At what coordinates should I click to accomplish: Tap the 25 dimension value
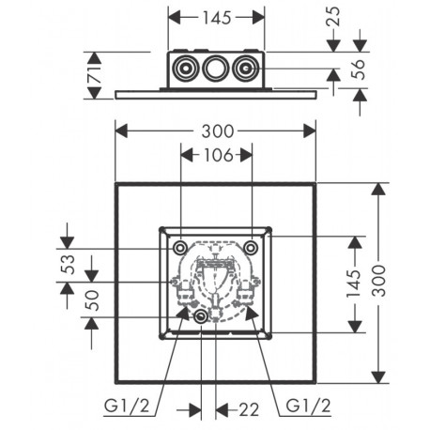(x=333, y=16)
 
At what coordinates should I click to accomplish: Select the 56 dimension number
(x=358, y=69)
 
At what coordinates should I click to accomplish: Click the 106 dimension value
(x=219, y=155)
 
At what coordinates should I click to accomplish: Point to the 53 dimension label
(x=69, y=265)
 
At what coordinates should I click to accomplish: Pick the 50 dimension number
(x=92, y=300)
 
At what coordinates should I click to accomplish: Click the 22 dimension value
(x=249, y=409)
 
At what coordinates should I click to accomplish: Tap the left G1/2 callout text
(x=127, y=407)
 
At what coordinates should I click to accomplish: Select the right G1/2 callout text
(x=308, y=406)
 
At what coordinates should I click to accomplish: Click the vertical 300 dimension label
(x=379, y=281)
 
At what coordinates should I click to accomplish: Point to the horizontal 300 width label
(x=218, y=131)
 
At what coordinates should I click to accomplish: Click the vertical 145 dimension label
(x=354, y=284)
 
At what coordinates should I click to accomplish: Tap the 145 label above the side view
(x=217, y=18)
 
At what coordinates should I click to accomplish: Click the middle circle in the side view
(x=215, y=68)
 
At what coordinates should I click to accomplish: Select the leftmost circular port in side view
(x=186, y=68)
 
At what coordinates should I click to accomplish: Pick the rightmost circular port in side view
(x=245, y=68)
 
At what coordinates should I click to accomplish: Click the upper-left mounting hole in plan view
(x=180, y=248)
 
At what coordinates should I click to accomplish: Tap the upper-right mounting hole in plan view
(x=251, y=248)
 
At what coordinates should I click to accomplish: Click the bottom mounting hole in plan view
(x=200, y=316)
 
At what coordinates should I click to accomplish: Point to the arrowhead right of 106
(x=246, y=155)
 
